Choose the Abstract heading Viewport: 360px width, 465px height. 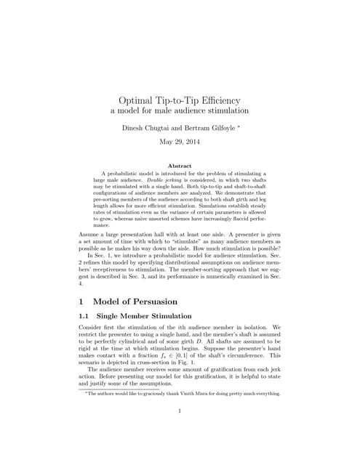(x=179, y=166)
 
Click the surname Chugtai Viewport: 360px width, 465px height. (x=162, y=127)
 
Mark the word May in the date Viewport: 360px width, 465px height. (x=159, y=142)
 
